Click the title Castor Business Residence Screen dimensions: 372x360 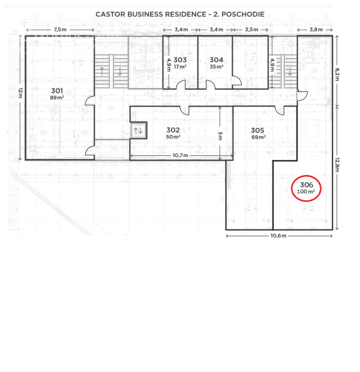[180, 13]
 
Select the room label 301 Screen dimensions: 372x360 [57, 90]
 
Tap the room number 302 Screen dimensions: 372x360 [173, 130]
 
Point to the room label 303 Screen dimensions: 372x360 [180, 59]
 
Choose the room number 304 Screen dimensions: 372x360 [216, 59]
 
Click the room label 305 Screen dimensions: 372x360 [257, 130]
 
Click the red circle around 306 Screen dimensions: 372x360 [306, 188]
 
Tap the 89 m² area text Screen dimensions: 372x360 [57, 98]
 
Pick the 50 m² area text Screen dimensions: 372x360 [173, 137]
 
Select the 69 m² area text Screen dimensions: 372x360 [257, 137]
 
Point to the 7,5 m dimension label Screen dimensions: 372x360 [59, 29]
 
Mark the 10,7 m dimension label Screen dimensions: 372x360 [181, 155]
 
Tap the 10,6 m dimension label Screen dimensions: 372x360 [278, 235]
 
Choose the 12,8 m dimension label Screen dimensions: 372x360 [337, 166]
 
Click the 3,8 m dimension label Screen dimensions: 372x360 [316, 29]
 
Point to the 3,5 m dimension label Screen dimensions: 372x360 [250, 29]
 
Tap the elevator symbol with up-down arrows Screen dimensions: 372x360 [138, 131]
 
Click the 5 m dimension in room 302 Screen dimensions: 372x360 [220, 135]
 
